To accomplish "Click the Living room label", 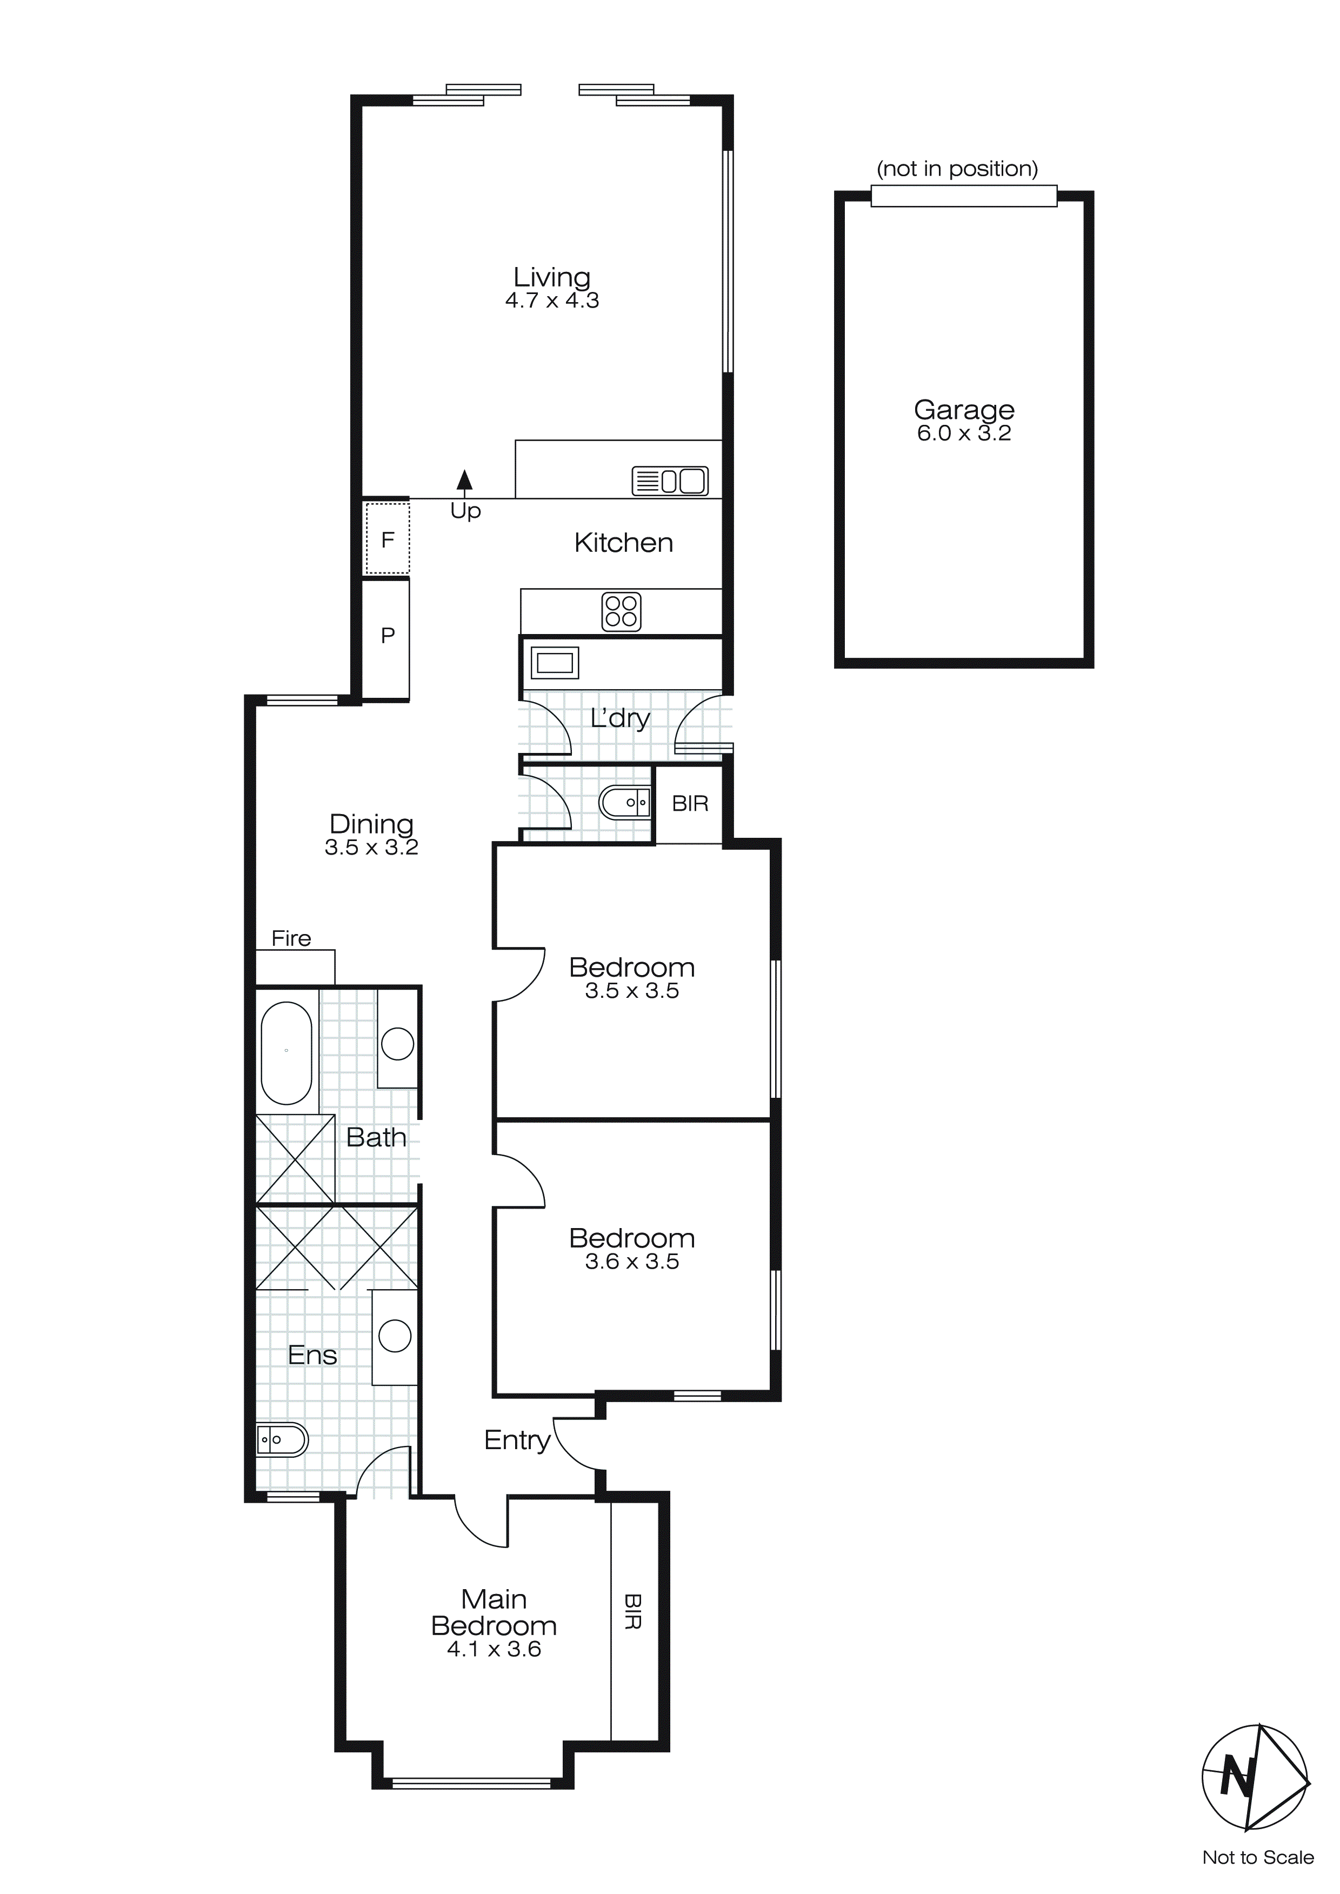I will [551, 277].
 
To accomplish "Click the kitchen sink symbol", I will [670, 481].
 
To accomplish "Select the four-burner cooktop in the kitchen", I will [621, 611].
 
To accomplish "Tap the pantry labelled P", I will [387, 635].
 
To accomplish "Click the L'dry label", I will [619, 718].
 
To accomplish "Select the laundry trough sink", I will [555, 662].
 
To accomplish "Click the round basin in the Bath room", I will [398, 1044].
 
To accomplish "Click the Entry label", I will [517, 1440].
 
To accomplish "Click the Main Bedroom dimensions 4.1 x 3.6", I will [494, 1649].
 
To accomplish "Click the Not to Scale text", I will [1257, 1858].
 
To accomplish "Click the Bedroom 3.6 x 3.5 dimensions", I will [631, 1262].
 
